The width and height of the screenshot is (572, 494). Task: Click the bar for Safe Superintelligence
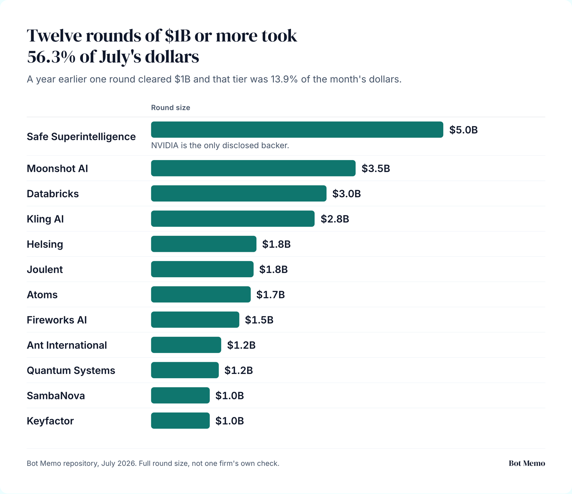click(297, 130)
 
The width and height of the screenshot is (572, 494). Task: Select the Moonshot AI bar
click(253, 168)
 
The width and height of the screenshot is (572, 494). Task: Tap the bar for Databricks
click(239, 194)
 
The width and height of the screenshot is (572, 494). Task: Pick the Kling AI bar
click(233, 219)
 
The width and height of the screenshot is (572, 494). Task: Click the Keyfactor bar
click(181, 421)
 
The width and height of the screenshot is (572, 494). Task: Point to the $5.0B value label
click(463, 130)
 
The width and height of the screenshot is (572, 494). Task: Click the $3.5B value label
click(376, 169)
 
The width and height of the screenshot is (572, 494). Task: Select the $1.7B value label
click(271, 295)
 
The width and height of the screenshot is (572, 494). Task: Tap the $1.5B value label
click(259, 320)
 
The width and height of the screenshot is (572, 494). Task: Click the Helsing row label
click(45, 244)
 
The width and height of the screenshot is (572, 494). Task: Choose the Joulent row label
click(45, 269)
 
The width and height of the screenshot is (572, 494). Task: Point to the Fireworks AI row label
click(57, 320)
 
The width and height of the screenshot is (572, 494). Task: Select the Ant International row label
click(67, 345)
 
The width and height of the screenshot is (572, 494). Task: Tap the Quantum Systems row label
click(71, 370)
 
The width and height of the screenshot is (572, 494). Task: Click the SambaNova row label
click(56, 396)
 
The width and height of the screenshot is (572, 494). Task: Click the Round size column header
click(171, 108)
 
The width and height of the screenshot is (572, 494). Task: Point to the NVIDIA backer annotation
click(220, 145)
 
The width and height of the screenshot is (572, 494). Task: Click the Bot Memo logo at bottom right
click(527, 463)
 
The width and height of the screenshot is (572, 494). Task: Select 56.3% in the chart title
click(51, 57)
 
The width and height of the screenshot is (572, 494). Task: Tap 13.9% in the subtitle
click(284, 79)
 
